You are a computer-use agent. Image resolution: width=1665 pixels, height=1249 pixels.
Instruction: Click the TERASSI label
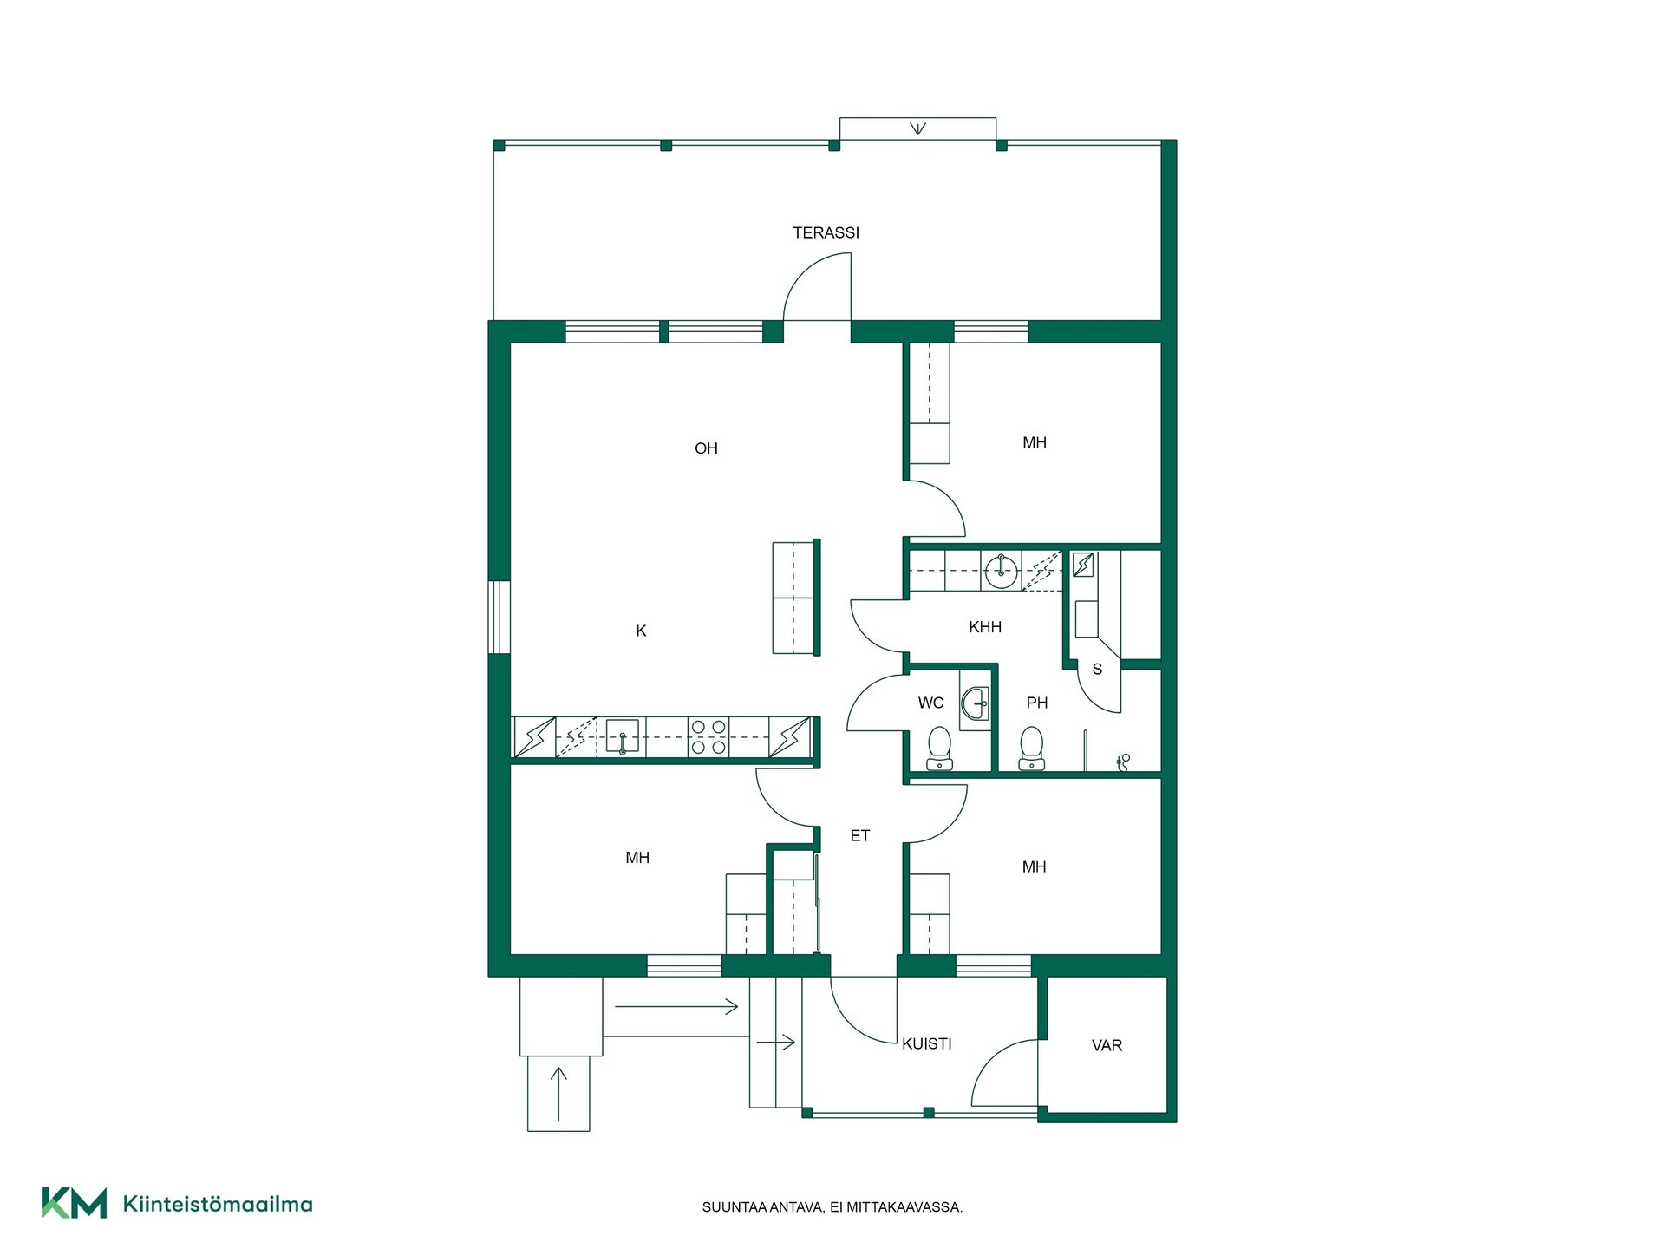tap(826, 232)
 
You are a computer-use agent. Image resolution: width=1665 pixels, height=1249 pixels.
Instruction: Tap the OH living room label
tap(706, 448)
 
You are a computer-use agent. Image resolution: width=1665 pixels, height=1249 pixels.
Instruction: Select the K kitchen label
tap(641, 631)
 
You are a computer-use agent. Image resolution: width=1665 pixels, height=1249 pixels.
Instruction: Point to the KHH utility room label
tap(985, 627)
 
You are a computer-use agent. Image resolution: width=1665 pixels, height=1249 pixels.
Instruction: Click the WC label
tap(930, 703)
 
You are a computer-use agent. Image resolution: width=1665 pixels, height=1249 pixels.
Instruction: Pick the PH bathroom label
tap(1037, 703)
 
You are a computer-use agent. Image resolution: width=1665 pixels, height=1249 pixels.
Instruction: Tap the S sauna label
tap(1097, 670)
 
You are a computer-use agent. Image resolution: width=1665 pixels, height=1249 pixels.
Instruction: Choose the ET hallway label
tap(859, 836)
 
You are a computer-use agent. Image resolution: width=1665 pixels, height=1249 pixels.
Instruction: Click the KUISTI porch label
tap(927, 1043)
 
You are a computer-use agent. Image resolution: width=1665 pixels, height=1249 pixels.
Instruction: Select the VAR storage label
tap(1107, 1046)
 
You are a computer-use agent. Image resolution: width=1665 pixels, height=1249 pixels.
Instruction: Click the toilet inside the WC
tap(939, 749)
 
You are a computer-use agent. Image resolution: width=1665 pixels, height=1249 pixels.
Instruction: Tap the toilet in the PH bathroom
tap(1031, 749)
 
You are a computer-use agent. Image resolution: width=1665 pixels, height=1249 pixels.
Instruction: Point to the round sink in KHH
tap(1002, 570)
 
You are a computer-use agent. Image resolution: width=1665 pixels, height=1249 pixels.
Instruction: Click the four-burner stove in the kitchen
tap(708, 736)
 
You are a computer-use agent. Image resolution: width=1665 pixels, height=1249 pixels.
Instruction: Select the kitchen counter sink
tap(622, 737)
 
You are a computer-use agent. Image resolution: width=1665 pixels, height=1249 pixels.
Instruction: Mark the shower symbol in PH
tap(1124, 762)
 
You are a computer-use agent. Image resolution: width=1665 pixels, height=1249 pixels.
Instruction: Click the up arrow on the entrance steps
tap(558, 1093)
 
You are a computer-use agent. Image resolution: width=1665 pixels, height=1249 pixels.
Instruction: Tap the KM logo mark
tap(75, 1203)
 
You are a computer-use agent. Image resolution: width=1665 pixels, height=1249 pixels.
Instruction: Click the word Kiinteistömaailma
tap(218, 1204)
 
